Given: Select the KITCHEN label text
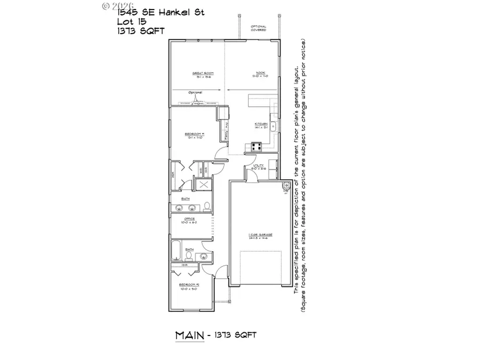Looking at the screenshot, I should (260, 124).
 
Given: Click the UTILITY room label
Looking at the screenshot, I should (258, 166).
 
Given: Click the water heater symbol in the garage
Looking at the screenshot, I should (286, 186).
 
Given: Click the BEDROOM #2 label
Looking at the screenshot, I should (190, 285).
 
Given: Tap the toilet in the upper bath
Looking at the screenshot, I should (207, 205).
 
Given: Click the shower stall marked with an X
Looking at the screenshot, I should (203, 185).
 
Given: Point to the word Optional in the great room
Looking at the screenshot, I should (195, 92).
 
